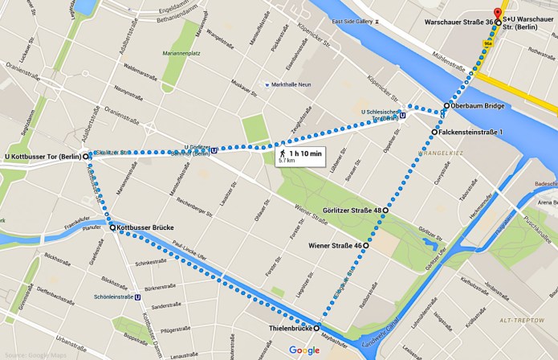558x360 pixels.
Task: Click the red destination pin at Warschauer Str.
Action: (x=498, y=13)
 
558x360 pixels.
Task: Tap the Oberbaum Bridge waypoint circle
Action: (x=447, y=105)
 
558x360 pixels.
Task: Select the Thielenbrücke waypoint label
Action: (x=287, y=329)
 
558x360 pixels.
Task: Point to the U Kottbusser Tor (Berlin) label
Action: (x=42, y=157)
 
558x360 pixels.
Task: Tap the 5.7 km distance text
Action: (x=286, y=161)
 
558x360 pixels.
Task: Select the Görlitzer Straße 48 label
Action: (x=350, y=211)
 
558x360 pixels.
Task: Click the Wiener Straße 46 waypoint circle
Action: (x=366, y=245)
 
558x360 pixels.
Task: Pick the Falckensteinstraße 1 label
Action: (x=474, y=131)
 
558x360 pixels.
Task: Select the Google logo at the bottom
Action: (x=304, y=350)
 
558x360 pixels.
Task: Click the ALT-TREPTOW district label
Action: (x=518, y=320)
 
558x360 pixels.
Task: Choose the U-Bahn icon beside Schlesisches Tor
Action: (x=402, y=114)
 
